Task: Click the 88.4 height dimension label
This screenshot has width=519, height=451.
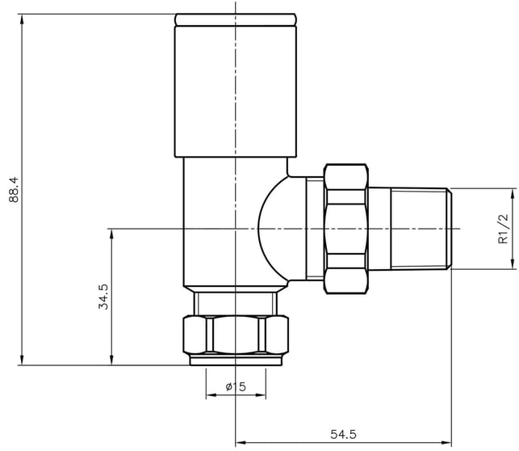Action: coord(14,190)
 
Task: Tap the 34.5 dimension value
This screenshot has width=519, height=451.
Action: coord(103,297)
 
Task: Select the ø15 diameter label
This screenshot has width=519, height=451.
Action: coord(236,386)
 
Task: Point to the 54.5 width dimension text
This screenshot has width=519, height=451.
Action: coord(343,434)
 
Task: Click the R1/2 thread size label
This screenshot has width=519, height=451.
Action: coord(502,229)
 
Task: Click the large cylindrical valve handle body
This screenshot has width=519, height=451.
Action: coord(236,91)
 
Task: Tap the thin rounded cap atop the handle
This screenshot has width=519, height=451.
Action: coord(236,19)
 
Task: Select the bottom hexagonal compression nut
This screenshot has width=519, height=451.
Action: coord(236,335)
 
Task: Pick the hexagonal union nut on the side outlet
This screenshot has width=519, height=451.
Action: coord(346,229)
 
